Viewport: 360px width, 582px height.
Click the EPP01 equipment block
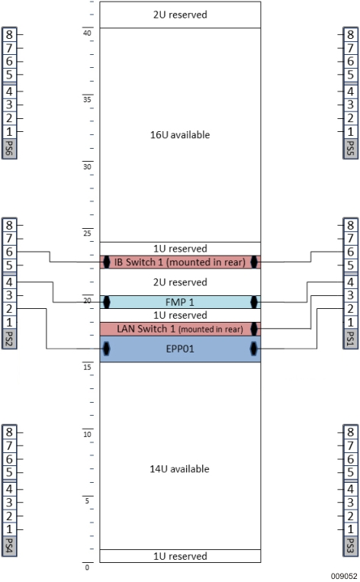(x=180, y=349)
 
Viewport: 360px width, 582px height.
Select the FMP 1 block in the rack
(x=180, y=302)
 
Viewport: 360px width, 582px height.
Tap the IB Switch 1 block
(x=180, y=262)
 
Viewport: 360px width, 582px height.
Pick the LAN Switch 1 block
(x=180, y=329)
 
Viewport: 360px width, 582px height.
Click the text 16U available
(x=180, y=135)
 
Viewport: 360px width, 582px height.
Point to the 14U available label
(x=180, y=468)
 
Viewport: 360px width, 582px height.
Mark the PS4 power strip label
(x=10, y=545)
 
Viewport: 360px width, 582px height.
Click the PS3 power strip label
(x=350, y=545)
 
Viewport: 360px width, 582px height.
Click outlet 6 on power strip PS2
(x=9, y=252)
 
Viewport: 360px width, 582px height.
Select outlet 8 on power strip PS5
(x=350, y=34)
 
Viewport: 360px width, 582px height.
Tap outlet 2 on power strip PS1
(x=350, y=308)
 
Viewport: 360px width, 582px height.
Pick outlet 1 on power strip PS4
(x=9, y=529)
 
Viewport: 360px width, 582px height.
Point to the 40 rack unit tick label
(x=87, y=32)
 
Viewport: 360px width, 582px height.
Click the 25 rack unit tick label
(x=87, y=233)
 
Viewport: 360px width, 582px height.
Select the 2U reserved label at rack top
(x=180, y=14)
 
